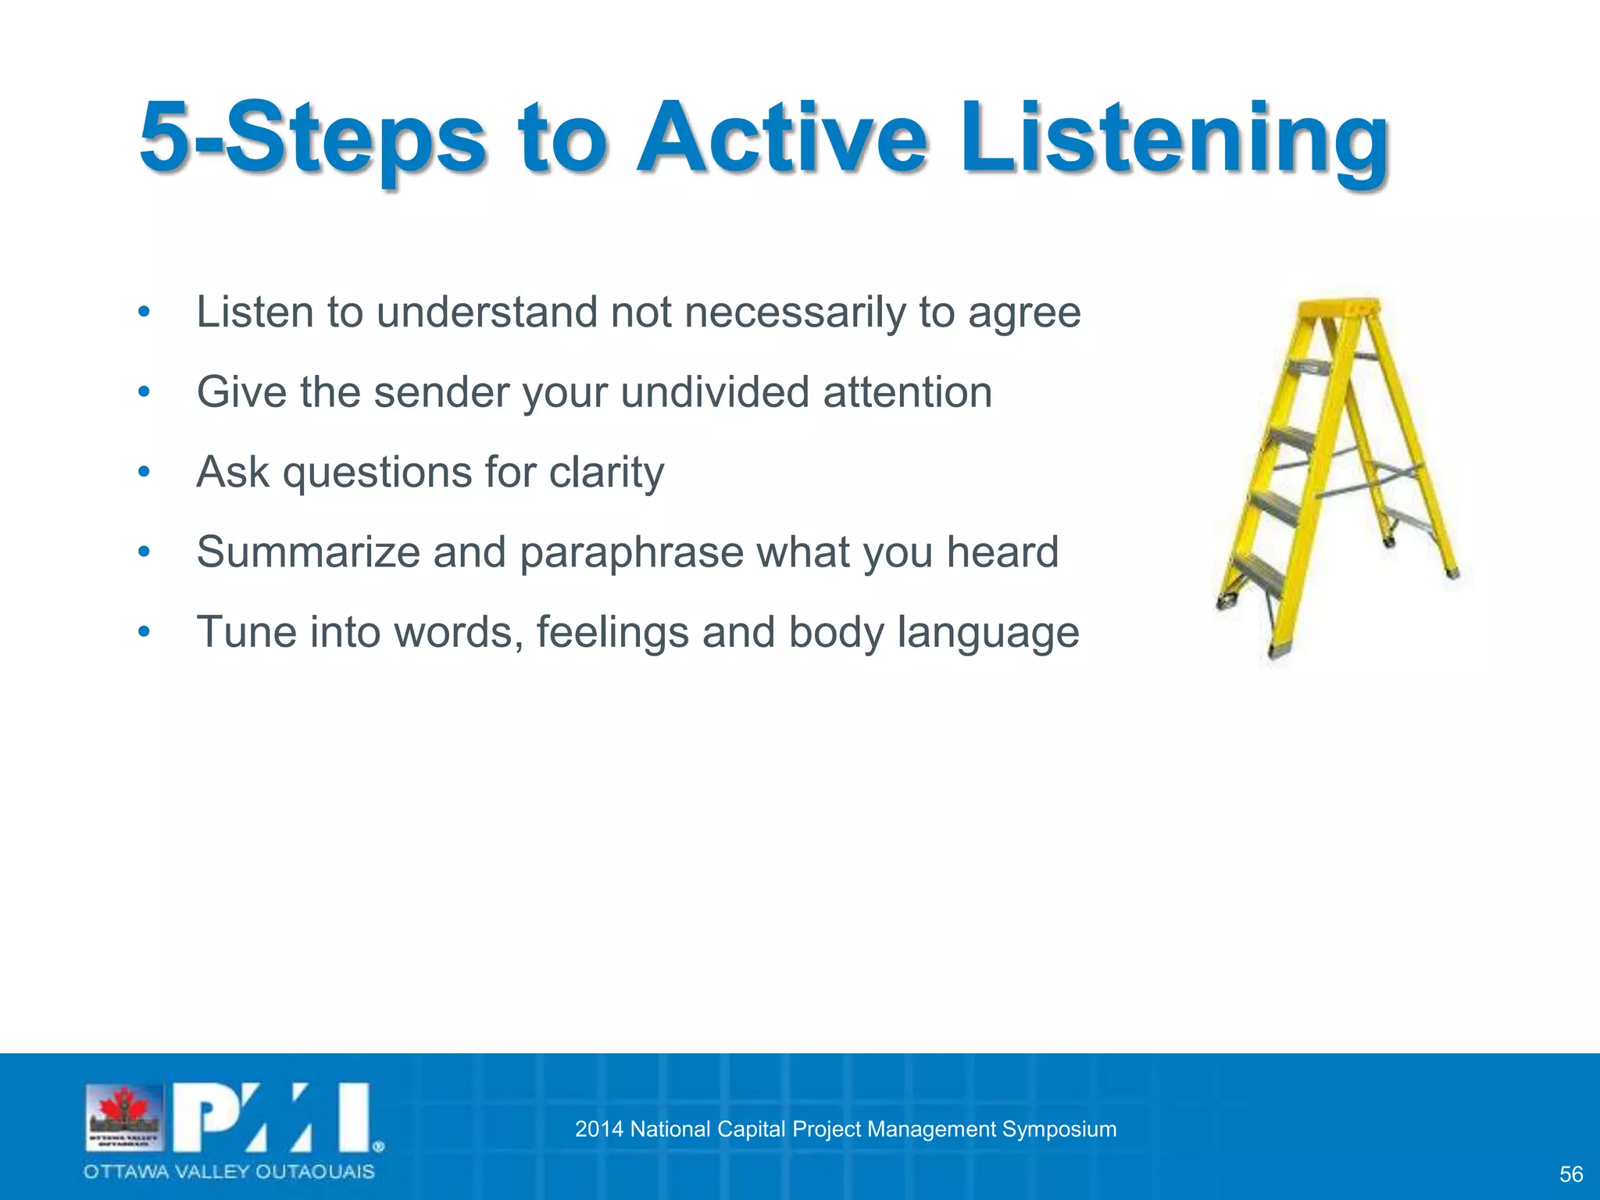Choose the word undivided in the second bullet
(715, 392)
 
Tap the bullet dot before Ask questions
(143, 472)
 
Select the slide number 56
(1570, 1174)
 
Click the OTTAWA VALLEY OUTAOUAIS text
(229, 1172)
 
